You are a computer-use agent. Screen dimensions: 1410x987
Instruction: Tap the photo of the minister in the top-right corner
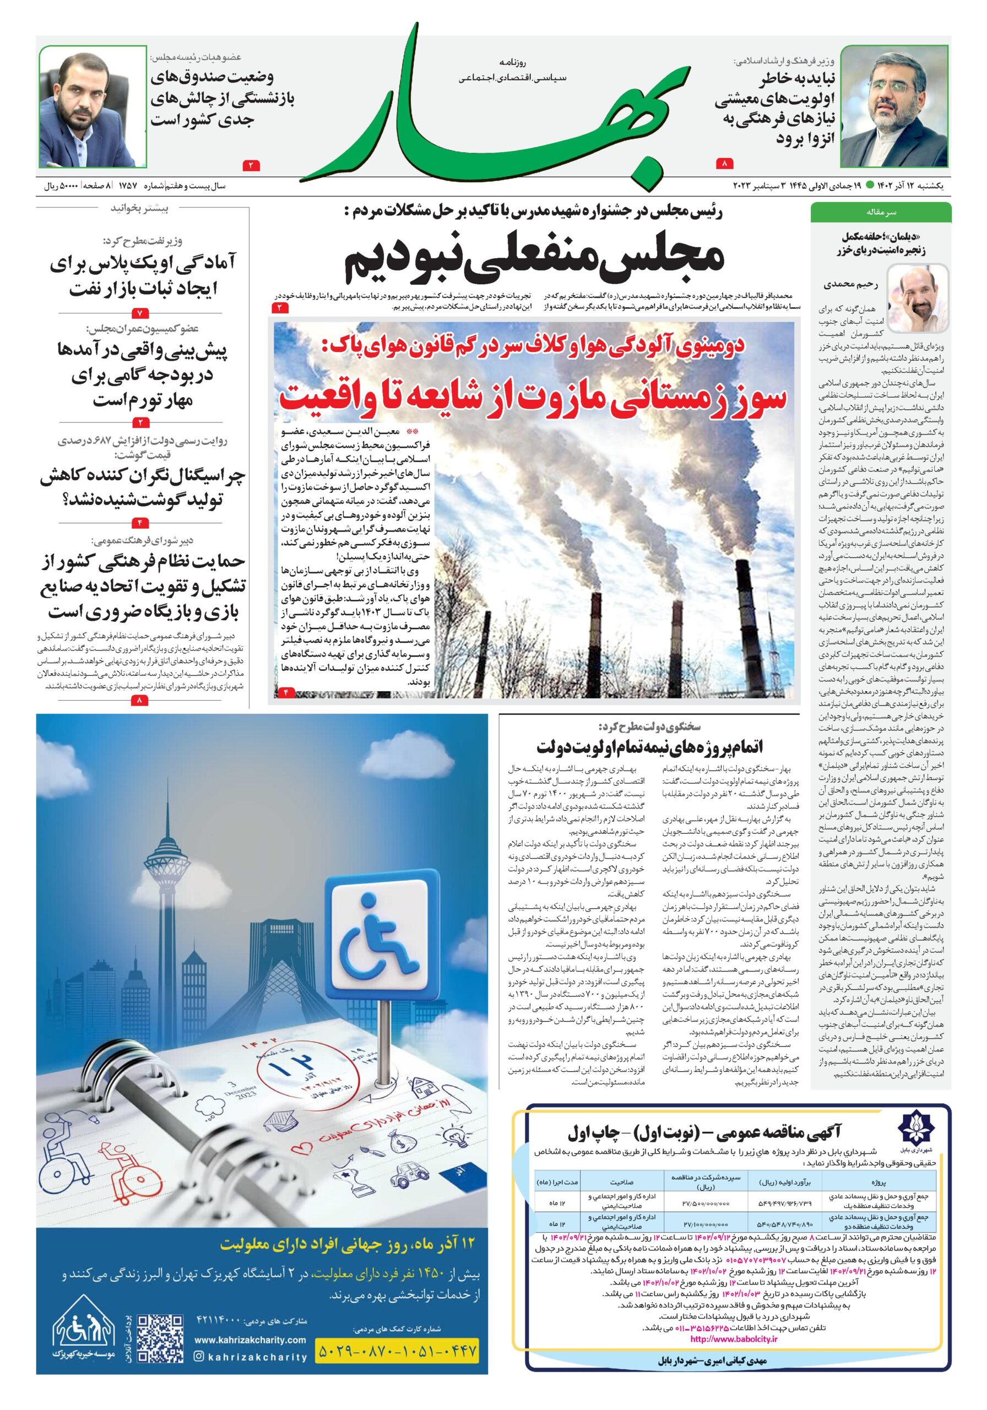tap(894, 106)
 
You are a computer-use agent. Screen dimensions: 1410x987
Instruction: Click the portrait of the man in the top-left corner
tap(93, 106)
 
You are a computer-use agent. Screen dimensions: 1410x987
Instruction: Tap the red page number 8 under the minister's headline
tap(725, 164)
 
